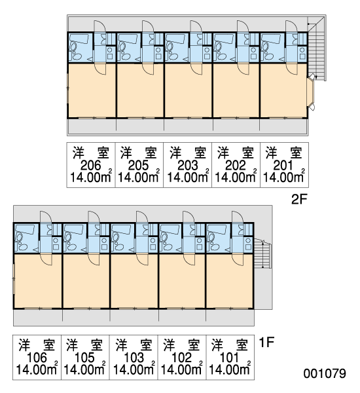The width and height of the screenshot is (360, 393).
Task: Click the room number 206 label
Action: coord(91,166)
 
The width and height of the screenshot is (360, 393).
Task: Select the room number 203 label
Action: coord(188,166)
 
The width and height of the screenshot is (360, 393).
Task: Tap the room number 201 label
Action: coord(283,166)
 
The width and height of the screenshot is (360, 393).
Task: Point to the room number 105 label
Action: coord(84,358)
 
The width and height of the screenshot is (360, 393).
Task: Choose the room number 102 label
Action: coord(181,358)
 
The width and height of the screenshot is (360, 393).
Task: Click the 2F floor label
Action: coord(299,200)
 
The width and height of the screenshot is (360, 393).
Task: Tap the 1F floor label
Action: coord(266,343)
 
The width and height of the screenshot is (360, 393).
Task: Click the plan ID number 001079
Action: coord(325,373)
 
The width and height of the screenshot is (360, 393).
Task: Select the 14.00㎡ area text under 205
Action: coord(139,177)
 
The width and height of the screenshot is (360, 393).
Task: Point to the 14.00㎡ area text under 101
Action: coord(230,369)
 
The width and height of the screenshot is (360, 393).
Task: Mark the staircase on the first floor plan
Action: coord(262,253)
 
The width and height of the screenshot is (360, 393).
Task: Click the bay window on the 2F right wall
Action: coord(311,92)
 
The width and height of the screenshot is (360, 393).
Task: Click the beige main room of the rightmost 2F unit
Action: coord(283,90)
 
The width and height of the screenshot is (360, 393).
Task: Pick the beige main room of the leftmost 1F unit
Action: coord(38,281)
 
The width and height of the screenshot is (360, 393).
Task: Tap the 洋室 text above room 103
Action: coord(134,345)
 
